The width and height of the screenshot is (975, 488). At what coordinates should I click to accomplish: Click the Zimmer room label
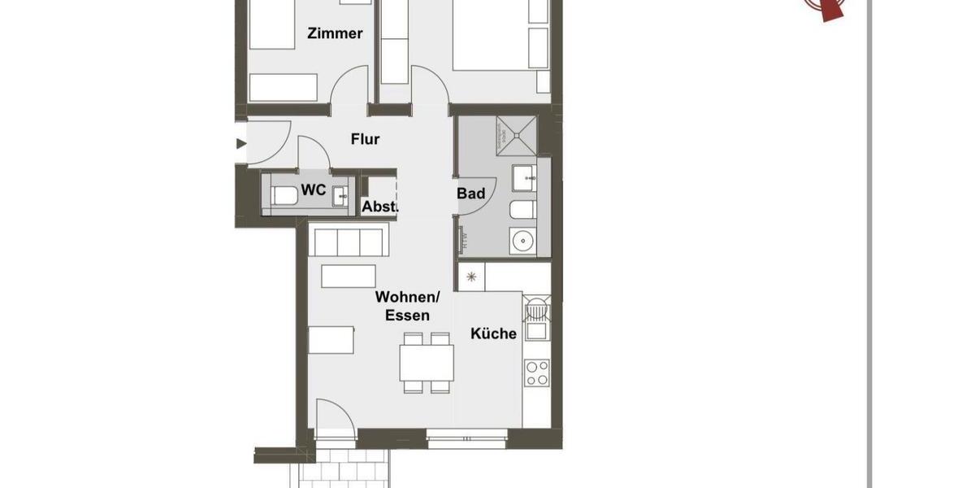(335, 33)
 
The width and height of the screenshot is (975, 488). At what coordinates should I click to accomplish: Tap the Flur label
(366, 139)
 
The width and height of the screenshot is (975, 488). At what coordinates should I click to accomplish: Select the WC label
(314, 190)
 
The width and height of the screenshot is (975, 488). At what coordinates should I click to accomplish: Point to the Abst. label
(379, 207)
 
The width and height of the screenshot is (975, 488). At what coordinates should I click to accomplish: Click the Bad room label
(471, 193)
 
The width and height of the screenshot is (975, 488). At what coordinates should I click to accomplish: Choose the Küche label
(493, 333)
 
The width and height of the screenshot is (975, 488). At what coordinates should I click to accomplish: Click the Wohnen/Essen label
(402, 307)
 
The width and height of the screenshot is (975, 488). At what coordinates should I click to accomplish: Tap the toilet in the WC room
(283, 196)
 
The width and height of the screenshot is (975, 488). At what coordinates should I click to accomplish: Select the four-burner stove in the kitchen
(537, 373)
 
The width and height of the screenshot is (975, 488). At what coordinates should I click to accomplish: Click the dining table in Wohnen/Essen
(426, 363)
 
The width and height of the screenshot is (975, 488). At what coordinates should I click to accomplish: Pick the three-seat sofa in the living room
(348, 242)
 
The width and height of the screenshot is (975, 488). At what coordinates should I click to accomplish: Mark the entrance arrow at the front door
(240, 144)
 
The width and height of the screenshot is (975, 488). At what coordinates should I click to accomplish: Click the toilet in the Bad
(521, 211)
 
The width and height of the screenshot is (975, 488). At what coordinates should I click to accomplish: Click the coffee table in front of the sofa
(349, 276)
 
